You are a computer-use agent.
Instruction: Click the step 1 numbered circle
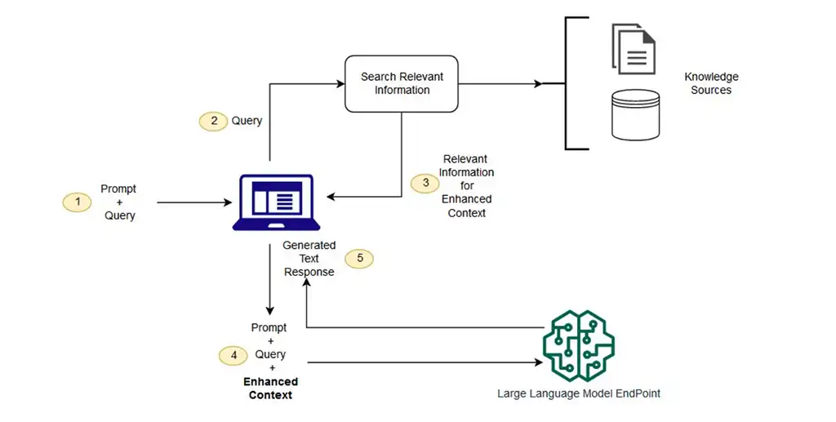pyautogui.click(x=77, y=201)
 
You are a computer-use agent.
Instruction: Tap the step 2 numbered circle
pyautogui.click(x=214, y=121)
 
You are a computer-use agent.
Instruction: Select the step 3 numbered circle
pyautogui.click(x=425, y=184)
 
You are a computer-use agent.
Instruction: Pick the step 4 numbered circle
pyautogui.click(x=233, y=355)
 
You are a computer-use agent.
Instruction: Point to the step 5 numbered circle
pyautogui.click(x=359, y=259)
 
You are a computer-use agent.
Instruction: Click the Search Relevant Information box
pyautogui.click(x=402, y=83)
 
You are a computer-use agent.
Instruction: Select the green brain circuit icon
pyautogui.click(x=577, y=344)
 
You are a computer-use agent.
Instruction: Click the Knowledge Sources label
pyautogui.click(x=710, y=83)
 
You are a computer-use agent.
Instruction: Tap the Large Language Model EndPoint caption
pyautogui.click(x=578, y=393)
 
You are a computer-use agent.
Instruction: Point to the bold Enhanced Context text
pyautogui.click(x=270, y=389)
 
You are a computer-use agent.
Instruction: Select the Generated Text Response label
pyautogui.click(x=309, y=259)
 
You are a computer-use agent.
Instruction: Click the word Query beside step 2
pyautogui.click(x=247, y=121)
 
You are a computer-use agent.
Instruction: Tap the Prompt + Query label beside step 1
pyautogui.click(x=118, y=202)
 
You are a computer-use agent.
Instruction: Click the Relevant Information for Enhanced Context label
pyautogui.click(x=466, y=186)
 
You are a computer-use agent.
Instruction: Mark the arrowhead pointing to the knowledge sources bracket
pyautogui.click(x=537, y=83)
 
